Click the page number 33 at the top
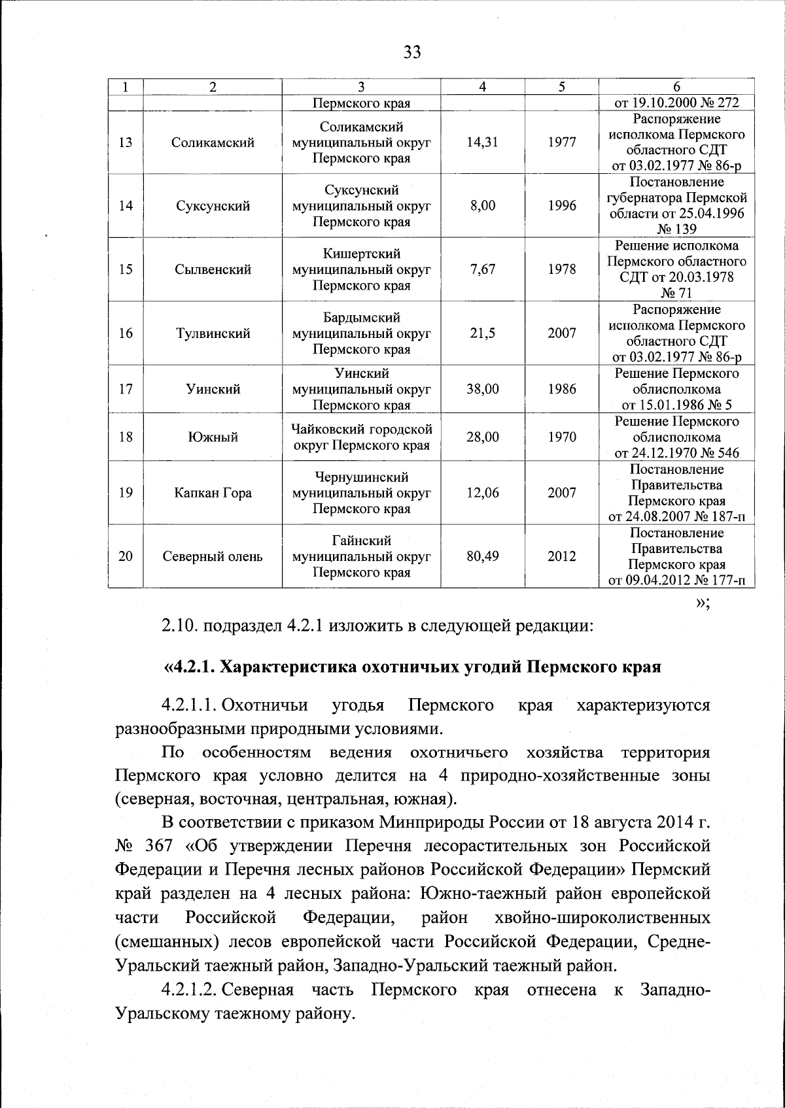pos(412,52)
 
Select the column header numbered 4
pos(483,87)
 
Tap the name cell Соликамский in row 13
pos(213,143)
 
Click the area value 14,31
pos(483,143)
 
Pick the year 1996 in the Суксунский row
pos(562,206)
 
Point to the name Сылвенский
pos(213,269)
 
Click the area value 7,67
pos(483,269)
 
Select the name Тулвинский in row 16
pos(213,333)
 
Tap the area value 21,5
pos(483,333)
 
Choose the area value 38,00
pos(483,390)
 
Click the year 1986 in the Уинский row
pos(562,390)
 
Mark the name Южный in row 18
pos(213,437)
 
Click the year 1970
pos(562,437)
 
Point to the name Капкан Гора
pos(213,493)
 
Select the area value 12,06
pos(483,493)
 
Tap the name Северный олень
pos(213,557)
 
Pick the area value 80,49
pos(483,557)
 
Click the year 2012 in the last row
pos(562,557)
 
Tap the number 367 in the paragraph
pos(157,846)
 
